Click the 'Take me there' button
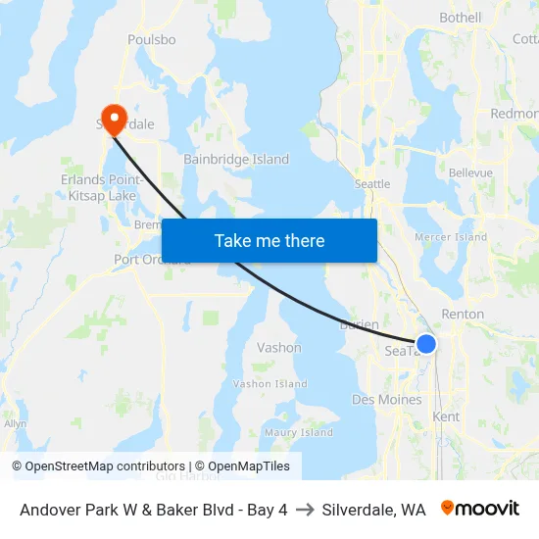(x=269, y=240)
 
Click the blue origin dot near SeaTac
(x=426, y=344)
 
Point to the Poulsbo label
(x=152, y=40)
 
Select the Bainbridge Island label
(x=236, y=159)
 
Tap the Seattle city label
(x=372, y=184)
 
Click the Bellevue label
(x=469, y=172)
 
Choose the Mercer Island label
(x=451, y=237)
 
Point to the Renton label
(x=463, y=315)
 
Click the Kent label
(x=446, y=417)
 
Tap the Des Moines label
(x=386, y=400)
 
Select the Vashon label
(x=279, y=348)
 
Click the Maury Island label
(x=299, y=432)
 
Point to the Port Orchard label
(x=148, y=260)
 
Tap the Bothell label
(x=461, y=18)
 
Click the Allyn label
(x=15, y=423)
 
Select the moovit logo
(x=480, y=509)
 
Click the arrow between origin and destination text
(x=305, y=510)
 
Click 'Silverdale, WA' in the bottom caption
(x=373, y=510)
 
